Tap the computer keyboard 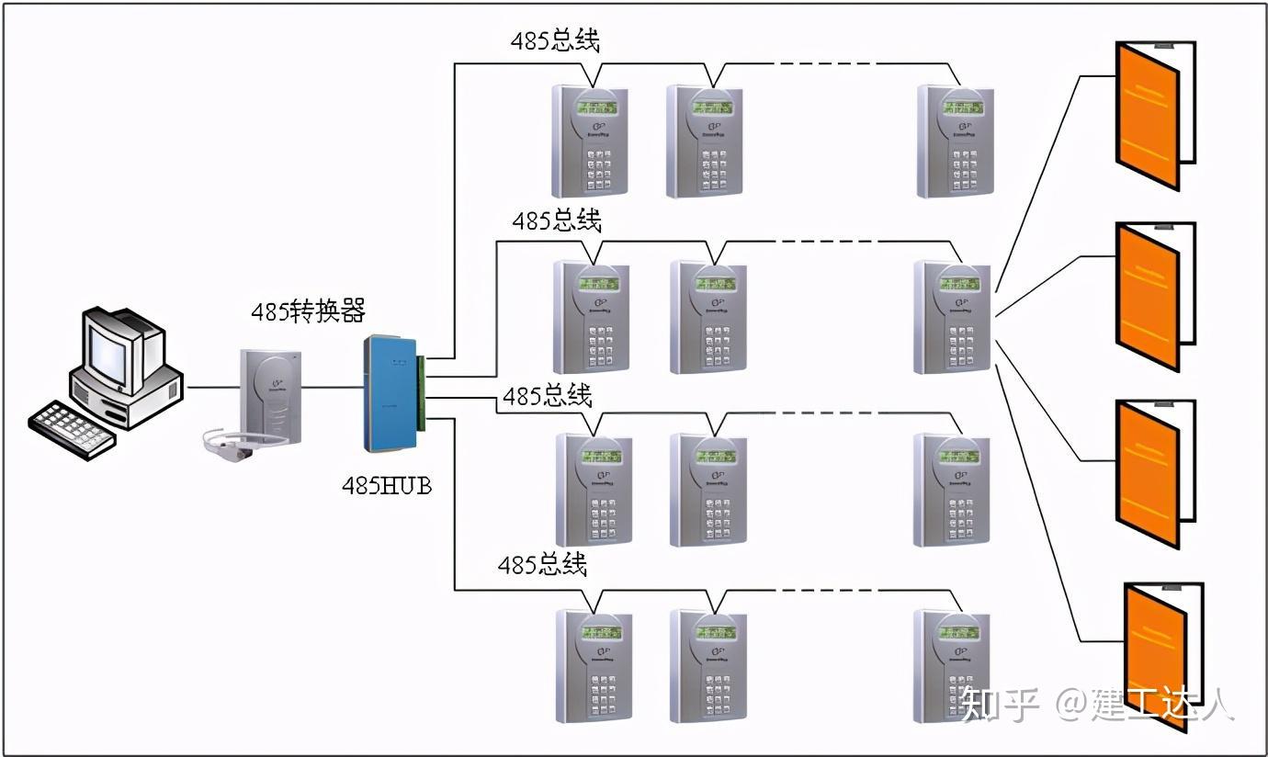tap(73, 429)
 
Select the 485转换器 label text tap(309, 311)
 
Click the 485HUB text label tap(386, 485)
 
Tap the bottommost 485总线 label tap(542, 565)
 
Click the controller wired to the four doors tap(952, 317)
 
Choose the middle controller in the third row tap(708, 490)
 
